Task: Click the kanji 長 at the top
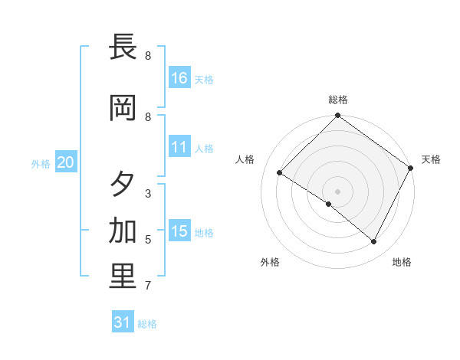point(123,47)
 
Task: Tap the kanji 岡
point(123,109)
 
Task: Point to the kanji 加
point(123,231)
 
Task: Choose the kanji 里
point(123,277)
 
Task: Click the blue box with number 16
point(179,77)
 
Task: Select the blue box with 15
point(179,231)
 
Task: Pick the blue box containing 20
point(65,162)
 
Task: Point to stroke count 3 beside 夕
point(148,194)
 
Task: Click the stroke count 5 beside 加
point(148,240)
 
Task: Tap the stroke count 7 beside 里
point(148,286)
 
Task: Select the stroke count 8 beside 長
point(148,56)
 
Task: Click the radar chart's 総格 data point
point(337,116)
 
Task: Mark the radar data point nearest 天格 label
point(411,168)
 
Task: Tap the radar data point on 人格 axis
point(280,173)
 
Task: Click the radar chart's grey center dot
point(337,191)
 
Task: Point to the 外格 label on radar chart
point(270,262)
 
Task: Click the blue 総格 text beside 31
point(147,324)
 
